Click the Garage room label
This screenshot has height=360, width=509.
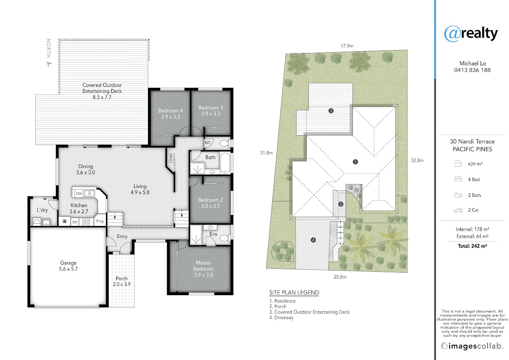pos(68,266)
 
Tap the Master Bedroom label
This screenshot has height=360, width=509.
pos(203,269)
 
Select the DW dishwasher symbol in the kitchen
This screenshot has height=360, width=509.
pos(78,193)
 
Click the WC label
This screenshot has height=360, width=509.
pos(208,142)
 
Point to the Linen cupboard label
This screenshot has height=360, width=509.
pos(171,158)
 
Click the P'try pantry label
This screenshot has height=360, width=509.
pos(100,221)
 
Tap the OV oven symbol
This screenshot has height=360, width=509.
pos(75,222)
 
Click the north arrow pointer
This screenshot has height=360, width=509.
pos(49,64)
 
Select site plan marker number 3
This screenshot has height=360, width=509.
pos(331,111)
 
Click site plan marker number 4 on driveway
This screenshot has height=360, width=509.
pos(313,240)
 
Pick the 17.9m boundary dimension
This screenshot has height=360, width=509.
pos(347,46)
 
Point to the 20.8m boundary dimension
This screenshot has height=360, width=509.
pos(340,277)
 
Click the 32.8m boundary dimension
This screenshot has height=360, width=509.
pos(417,160)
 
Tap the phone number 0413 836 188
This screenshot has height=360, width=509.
pos(472,70)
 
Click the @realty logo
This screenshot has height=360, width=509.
pos(471,33)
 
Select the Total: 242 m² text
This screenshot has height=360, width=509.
pos(472,246)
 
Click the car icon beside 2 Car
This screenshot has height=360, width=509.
pos(458,210)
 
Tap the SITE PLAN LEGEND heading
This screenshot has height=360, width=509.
pos(294,293)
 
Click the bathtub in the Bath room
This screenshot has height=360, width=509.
pos(225,163)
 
